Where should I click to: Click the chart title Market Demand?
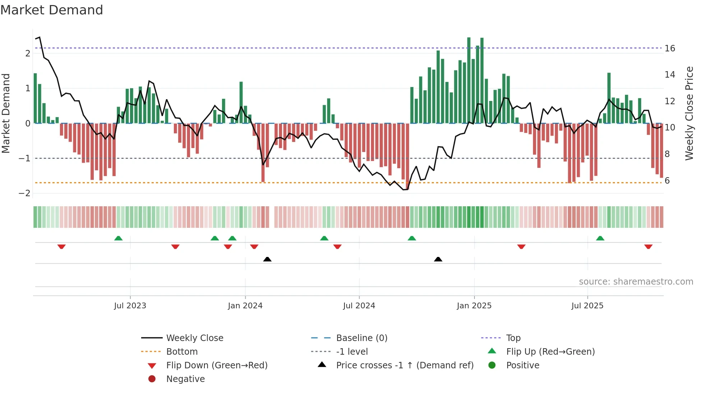[52, 10]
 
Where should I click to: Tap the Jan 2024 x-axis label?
[245, 306]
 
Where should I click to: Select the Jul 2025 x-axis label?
[587, 306]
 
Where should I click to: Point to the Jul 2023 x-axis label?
[130, 306]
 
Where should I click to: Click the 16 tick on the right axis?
[670, 49]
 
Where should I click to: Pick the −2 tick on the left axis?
[25, 193]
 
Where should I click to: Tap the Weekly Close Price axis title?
[689, 113]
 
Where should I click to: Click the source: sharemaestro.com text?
[636, 282]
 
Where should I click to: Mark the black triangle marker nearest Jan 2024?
[267, 259]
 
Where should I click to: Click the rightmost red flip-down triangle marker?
[648, 247]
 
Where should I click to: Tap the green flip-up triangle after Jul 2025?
[600, 238]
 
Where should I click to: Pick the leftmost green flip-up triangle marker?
[118, 238]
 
